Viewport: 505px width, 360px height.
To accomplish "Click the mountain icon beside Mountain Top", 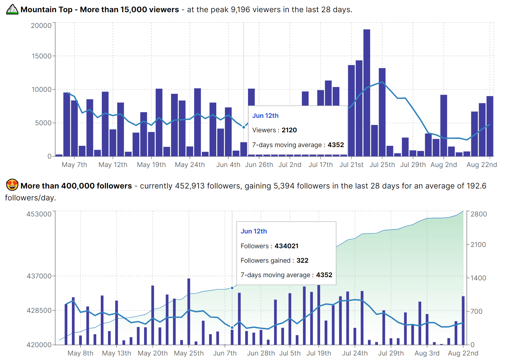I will click(12, 9).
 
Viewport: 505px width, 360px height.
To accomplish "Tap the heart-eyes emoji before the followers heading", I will click(12, 185).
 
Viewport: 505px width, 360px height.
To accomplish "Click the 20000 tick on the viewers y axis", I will click(41, 25).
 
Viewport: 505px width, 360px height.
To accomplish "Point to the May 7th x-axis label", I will click(74, 165).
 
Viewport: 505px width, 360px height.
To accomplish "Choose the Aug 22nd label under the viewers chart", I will click(482, 165).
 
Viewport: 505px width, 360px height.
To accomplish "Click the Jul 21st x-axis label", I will click(351, 165).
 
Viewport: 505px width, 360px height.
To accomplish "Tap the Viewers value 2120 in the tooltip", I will click(289, 130).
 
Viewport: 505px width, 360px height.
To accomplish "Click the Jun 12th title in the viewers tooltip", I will click(265, 116).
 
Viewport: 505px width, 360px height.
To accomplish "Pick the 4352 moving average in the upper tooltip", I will click(336, 145).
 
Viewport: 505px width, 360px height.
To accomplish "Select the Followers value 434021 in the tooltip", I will click(287, 246).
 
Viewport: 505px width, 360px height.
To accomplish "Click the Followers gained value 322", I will click(302, 260).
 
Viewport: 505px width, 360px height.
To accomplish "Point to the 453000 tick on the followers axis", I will click(39, 214).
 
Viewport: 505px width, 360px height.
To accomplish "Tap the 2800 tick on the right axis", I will click(479, 214).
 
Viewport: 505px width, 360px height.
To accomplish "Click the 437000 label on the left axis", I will click(39, 276).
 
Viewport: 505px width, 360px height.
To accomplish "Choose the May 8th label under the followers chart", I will click(81, 353).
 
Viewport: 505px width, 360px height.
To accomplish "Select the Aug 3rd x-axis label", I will click(427, 353).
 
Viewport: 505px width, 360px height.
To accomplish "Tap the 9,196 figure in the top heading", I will click(240, 10).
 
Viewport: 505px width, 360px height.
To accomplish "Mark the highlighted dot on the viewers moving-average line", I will click(244, 127).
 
